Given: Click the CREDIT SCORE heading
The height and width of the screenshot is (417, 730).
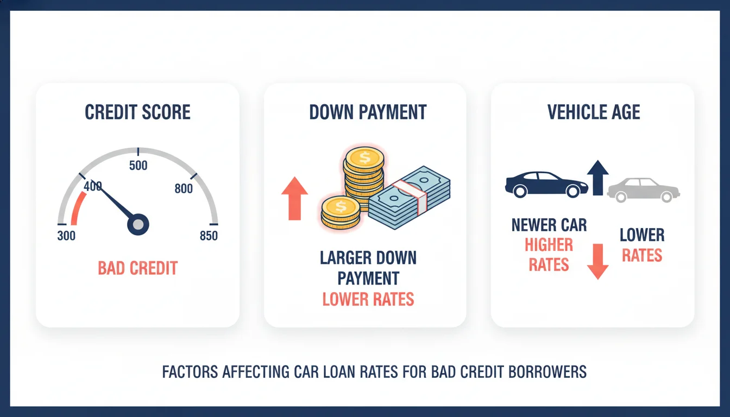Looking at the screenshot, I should (137, 112).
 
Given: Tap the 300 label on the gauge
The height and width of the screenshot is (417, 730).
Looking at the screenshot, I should (66, 236).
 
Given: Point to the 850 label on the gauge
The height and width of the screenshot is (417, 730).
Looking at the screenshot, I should (209, 236).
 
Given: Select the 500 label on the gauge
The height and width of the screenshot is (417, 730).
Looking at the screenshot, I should (138, 166).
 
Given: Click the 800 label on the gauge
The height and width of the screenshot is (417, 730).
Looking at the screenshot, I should (184, 189).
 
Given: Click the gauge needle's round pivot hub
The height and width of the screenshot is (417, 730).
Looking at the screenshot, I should (138, 224).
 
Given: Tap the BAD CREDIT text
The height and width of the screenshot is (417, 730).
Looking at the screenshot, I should (137, 268).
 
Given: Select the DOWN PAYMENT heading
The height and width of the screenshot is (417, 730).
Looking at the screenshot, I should (368, 112).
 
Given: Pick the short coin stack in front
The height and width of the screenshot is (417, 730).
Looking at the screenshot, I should (340, 212).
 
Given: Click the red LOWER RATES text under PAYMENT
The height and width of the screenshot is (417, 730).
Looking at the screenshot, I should (368, 299).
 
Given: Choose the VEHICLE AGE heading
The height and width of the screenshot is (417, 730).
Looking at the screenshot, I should (594, 112).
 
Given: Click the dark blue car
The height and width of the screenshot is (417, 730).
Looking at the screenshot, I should (545, 185).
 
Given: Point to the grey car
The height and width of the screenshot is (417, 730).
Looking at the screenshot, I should (643, 189).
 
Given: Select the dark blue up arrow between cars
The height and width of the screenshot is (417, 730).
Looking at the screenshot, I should (597, 177).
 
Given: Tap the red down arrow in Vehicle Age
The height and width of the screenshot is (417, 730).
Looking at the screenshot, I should (597, 261).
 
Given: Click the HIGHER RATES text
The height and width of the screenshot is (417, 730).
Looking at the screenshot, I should (549, 255).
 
